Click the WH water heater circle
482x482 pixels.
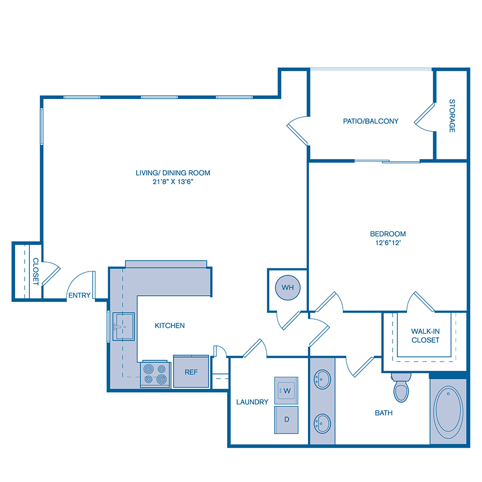tap(288, 288)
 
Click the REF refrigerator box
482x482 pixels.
tap(191, 371)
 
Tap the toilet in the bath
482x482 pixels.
tap(401, 387)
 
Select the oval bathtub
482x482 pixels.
tap(448, 411)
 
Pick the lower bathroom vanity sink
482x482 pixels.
tap(322, 423)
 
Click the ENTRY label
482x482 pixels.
tap(79, 296)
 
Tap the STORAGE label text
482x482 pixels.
tap(452, 116)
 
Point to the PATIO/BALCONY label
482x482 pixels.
tap(371, 121)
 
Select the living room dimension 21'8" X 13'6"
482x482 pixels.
tap(172, 182)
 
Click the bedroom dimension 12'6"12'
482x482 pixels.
tap(388, 243)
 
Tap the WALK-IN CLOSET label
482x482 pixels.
tap(425, 336)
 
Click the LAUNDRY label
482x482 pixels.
tap(252, 402)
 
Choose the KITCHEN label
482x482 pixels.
tap(170, 326)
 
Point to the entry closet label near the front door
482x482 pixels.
tap(35, 271)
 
